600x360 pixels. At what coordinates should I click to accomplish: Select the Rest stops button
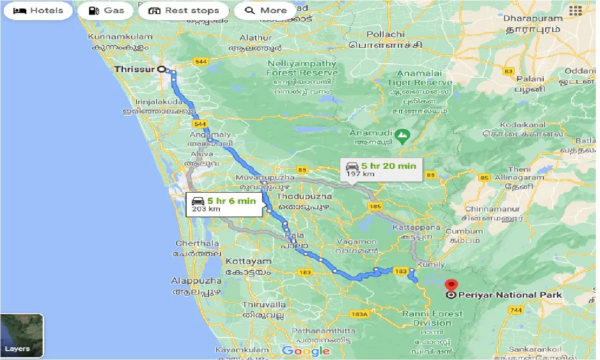[183, 10]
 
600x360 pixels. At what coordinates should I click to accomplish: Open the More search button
[265, 10]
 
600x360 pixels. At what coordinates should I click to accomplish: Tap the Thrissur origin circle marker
[162, 69]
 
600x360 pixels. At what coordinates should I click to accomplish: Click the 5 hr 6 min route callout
[224, 204]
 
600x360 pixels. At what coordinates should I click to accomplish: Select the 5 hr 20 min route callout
[381, 169]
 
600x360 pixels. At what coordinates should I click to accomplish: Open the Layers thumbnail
[22, 335]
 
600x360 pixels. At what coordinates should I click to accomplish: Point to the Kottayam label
[248, 261]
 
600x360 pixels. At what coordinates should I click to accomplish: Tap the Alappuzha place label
[196, 281]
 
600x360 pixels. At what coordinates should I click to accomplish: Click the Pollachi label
[385, 34]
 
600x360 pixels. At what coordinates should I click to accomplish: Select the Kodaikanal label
[523, 125]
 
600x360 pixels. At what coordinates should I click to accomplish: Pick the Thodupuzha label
[304, 196]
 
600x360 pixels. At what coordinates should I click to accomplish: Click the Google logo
[306, 351]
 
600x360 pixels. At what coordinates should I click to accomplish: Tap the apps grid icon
[575, 11]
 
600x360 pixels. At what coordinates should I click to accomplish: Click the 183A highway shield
[360, 315]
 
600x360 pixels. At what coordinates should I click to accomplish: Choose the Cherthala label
[197, 243]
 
